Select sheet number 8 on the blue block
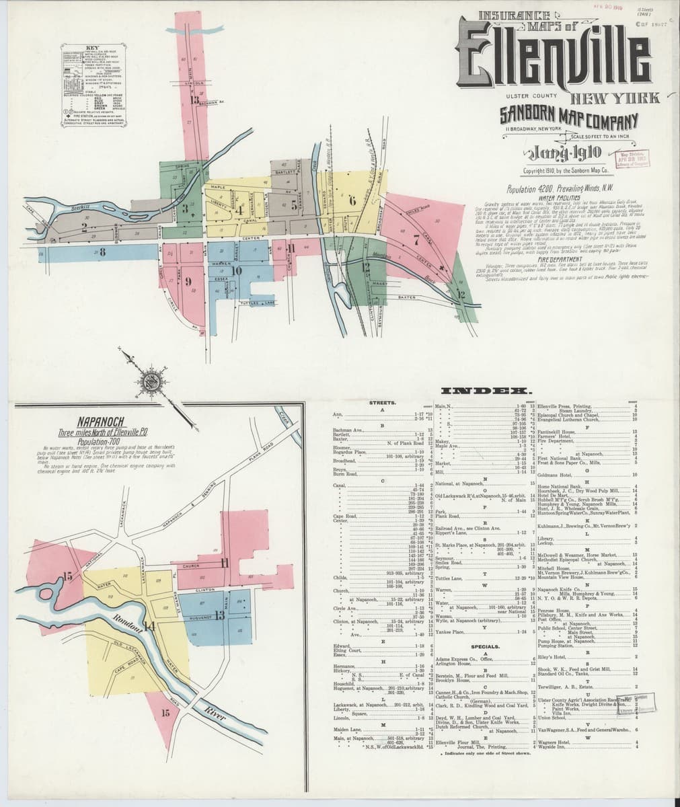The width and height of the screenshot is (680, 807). point(103,253)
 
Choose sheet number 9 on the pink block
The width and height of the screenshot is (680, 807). point(190,282)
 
